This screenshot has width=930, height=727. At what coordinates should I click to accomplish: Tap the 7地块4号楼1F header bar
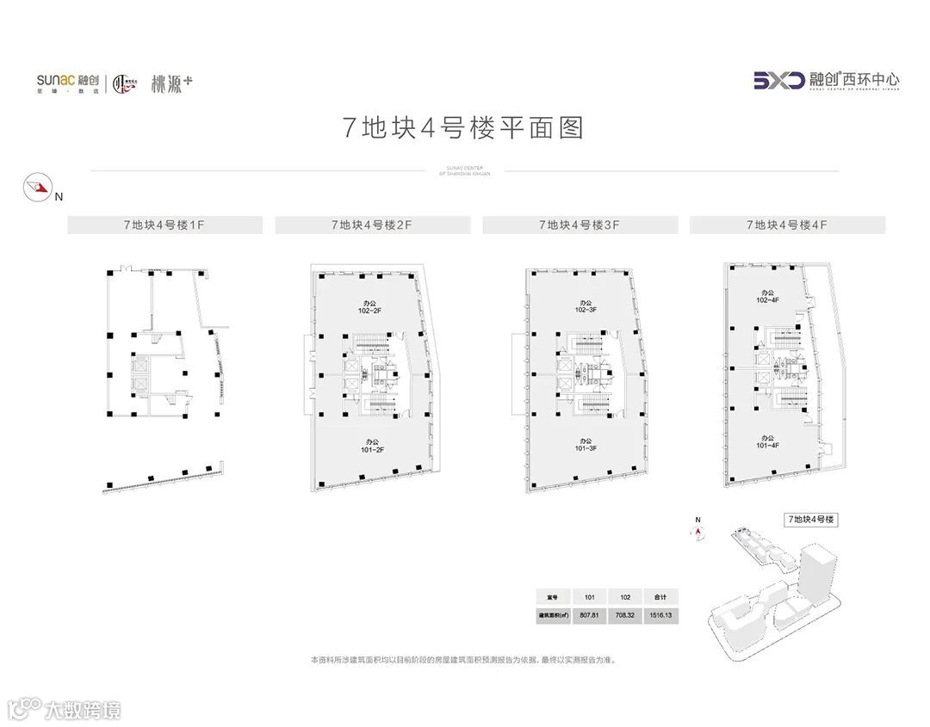tap(164, 225)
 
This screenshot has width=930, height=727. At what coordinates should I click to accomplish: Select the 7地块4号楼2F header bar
tap(372, 225)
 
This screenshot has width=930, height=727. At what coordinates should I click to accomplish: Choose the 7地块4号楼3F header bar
tap(580, 225)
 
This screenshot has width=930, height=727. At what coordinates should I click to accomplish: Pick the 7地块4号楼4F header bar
tap(787, 225)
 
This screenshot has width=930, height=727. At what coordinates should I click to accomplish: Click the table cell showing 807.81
tap(590, 615)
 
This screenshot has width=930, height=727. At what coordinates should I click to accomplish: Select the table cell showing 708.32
tap(625, 615)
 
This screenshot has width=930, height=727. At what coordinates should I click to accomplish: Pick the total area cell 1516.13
tap(660, 615)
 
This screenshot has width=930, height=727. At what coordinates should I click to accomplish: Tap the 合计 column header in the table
tap(660, 596)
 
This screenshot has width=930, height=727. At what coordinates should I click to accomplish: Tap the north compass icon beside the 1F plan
tap(36, 187)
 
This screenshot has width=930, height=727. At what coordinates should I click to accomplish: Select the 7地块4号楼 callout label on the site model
tap(811, 520)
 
